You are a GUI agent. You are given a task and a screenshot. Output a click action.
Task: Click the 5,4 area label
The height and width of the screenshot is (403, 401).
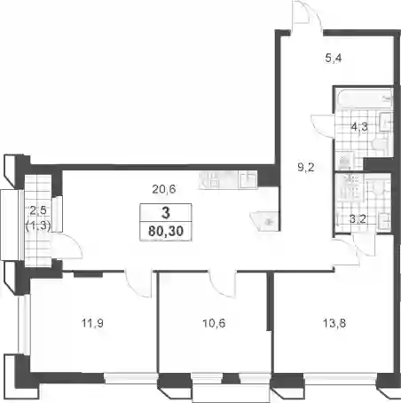coord(334,58)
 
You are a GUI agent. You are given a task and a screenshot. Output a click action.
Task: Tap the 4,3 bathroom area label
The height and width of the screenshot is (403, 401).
coord(359,127)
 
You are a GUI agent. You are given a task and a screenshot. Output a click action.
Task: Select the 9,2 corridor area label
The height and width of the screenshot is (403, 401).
coord(306,168)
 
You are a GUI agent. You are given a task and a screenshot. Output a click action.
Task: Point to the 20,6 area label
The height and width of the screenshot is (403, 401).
coord(164,188)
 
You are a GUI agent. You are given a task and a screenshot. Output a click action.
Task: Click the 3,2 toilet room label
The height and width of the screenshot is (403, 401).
coord(358,219)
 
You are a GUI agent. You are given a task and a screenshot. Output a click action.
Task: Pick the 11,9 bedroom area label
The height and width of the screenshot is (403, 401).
coord(92,323)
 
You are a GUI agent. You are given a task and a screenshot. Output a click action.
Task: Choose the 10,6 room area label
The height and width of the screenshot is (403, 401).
coord(214,323)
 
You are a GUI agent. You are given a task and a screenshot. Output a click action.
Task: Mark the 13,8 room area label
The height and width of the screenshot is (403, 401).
coord(334,323)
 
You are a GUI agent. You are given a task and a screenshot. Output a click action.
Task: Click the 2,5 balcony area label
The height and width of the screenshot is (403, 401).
coord(38,210)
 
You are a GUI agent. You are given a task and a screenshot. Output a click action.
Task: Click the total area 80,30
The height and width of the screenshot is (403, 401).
coord(166,231)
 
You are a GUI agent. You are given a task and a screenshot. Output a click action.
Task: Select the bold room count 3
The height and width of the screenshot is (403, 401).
coord(166,213)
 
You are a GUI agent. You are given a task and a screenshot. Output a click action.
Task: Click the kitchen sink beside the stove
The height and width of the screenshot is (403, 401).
coord(248,179)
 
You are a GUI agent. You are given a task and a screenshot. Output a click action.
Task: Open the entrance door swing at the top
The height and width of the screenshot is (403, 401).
coord(307,15)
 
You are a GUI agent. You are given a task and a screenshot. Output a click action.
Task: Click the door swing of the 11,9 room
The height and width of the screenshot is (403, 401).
coord(138,284)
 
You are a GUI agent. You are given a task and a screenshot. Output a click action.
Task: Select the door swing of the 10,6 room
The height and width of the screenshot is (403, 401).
coord(223,283)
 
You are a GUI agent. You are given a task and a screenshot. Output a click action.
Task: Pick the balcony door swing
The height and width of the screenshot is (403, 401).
coord(67,247)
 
